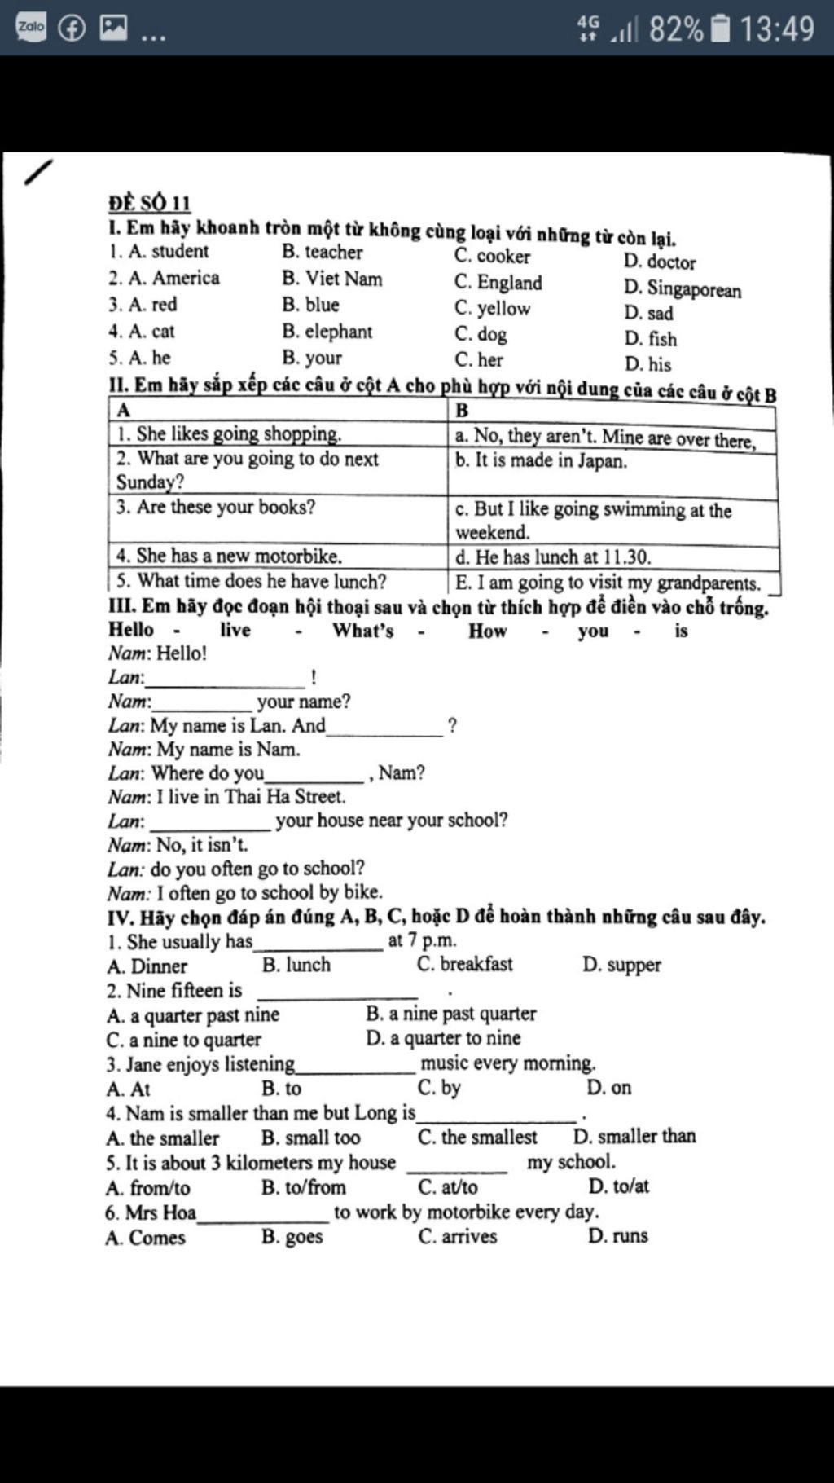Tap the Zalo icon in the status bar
(x=31, y=27)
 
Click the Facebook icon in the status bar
(x=72, y=28)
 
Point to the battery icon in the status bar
(x=721, y=29)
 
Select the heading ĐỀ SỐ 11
(x=150, y=203)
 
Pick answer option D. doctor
(x=660, y=262)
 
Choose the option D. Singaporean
(x=683, y=289)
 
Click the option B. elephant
(x=327, y=332)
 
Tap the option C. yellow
(x=492, y=308)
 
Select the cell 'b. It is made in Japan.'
(x=542, y=460)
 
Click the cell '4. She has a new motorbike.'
(x=229, y=556)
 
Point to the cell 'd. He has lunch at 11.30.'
(x=553, y=557)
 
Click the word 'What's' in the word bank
(x=362, y=631)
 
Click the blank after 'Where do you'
(x=314, y=774)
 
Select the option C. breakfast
(x=465, y=964)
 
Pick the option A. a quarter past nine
(x=193, y=1015)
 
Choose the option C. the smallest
(x=477, y=1137)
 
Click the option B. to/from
(x=304, y=1187)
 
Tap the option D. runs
(x=618, y=1235)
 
